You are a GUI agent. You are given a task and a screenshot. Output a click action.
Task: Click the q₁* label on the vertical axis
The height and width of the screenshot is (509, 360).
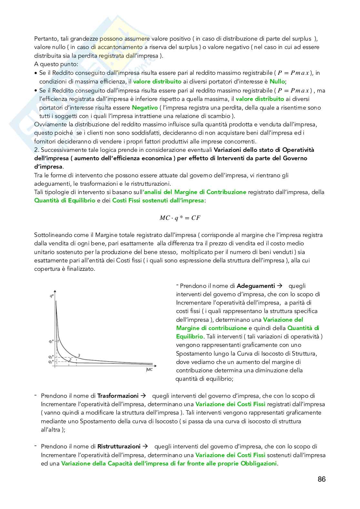pyautogui.click(x=51, y=341)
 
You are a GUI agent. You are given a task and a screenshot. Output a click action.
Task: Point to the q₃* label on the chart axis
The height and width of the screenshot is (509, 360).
pyautogui.click(x=51, y=357)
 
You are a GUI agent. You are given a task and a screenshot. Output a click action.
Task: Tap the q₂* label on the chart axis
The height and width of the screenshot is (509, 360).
pyautogui.click(x=51, y=362)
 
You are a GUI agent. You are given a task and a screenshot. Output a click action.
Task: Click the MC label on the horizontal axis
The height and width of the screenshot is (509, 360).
pyautogui.click(x=149, y=369)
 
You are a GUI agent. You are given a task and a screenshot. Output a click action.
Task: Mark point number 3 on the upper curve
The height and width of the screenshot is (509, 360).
pyautogui.click(x=79, y=356)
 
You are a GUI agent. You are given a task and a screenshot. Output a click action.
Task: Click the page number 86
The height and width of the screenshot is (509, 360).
pyautogui.click(x=321, y=479)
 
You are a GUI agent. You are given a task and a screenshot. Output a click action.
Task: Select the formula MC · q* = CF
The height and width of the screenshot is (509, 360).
pyautogui.click(x=180, y=218)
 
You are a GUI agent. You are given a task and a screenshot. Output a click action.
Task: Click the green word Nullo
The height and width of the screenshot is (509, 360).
pyautogui.click(x=277, y=82)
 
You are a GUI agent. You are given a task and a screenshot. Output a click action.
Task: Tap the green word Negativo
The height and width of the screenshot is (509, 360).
pyautogui.click(x=145, y=107)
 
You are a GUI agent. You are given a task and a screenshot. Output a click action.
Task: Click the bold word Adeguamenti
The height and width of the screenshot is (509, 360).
pyautogui.click(x=255, y=286)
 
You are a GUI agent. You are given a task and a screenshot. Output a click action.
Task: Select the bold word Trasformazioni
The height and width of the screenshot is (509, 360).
pyautogui.click(x=118, y=396)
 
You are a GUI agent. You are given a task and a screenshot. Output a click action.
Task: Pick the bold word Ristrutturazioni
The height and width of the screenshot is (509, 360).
pyautogui.click(x=119, y=446)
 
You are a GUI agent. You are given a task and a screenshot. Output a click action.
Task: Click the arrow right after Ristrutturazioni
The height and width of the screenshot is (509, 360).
pyautogui.click(x=145, y=446)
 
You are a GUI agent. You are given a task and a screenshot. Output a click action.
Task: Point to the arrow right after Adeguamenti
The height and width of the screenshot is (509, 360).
pyautogui.click(x=280, y=286)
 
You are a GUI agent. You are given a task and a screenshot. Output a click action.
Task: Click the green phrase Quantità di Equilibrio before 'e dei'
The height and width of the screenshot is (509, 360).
pyautogui.click(x=65, y=201)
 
